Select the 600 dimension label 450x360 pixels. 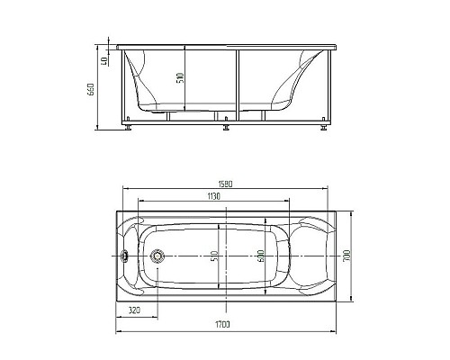[x=260, y=256]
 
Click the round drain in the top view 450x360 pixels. [x=157, y=256]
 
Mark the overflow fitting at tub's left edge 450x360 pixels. [x=125, y=256]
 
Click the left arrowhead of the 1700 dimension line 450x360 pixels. [x=118, y=329]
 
